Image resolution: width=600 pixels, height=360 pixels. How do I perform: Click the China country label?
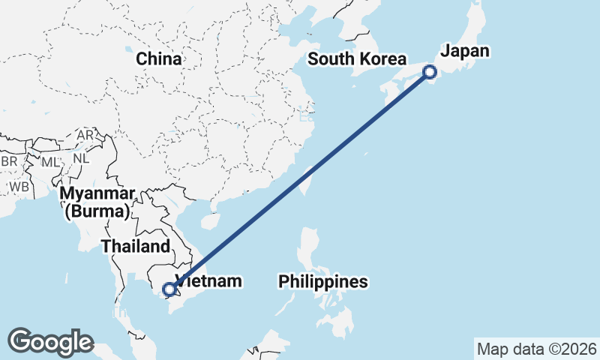point(158,58)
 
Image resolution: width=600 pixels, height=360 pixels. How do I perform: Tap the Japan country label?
point(464,51)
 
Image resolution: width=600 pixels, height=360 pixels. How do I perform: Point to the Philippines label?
point(323,282)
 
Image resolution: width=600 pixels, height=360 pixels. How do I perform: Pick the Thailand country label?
point(136,246)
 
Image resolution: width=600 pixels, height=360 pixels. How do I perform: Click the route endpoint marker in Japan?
point(430,72)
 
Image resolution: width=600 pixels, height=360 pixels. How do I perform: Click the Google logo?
point(50,342)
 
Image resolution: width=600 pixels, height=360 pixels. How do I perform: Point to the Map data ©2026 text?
point(536,349)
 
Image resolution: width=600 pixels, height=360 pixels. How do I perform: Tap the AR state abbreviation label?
point(85,135)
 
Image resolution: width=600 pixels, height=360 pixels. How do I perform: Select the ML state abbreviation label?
point(49,162)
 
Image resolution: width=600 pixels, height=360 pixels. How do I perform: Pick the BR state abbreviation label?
point(9,162)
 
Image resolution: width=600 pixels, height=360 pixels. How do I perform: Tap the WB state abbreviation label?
point(19,186)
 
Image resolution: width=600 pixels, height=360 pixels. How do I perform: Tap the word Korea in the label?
point(382,59)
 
